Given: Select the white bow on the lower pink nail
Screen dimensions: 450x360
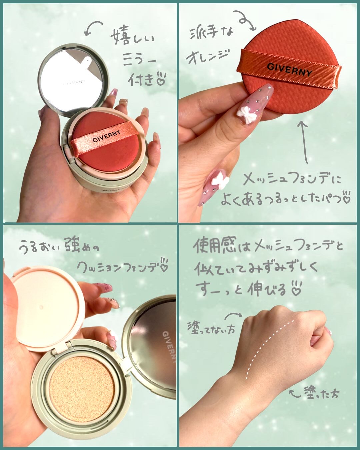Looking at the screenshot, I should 220,180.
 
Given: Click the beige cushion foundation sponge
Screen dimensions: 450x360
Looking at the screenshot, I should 82,384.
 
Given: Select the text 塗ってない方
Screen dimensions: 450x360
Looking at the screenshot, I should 211,328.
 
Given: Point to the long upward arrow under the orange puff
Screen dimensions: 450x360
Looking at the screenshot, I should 304,142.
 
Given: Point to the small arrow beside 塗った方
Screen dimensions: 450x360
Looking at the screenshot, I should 294,393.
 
